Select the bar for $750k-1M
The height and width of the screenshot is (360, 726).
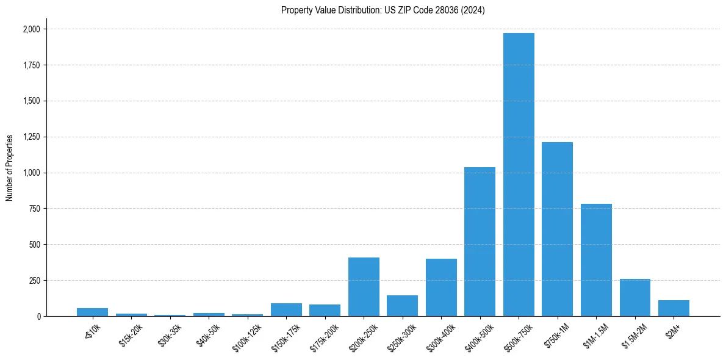pyautogui.click(x=557, y=229)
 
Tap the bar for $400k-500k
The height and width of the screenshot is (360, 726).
pyautogui.click(x=480, y=242)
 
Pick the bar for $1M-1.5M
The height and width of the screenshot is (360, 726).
pyautogui.click(x=596, y=260)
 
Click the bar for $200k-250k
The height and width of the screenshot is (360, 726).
pyautogui.click(x=364, y=287)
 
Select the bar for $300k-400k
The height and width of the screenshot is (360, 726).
pyautogui.click(x=441, y=287)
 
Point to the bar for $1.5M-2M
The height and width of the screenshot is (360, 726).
pyautogui.click(x=634, y=298)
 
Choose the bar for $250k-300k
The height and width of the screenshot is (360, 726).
pyautogui.click(x=402, y=306)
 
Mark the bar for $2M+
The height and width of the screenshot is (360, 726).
pyautogui.click(x=674, y=308)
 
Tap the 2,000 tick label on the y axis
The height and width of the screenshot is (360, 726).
pyautogui.click(x=32, y=29)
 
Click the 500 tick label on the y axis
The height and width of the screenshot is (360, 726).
pyautogui.click(x=35, y=245)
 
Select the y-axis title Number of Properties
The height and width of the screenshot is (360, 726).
pyautogui.click(x=9, y=167)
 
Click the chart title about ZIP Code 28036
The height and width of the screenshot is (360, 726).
pyautogui.click(x=383, y=10)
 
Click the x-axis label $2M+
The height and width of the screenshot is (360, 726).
pyautogui.click(x=674, y=329)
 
